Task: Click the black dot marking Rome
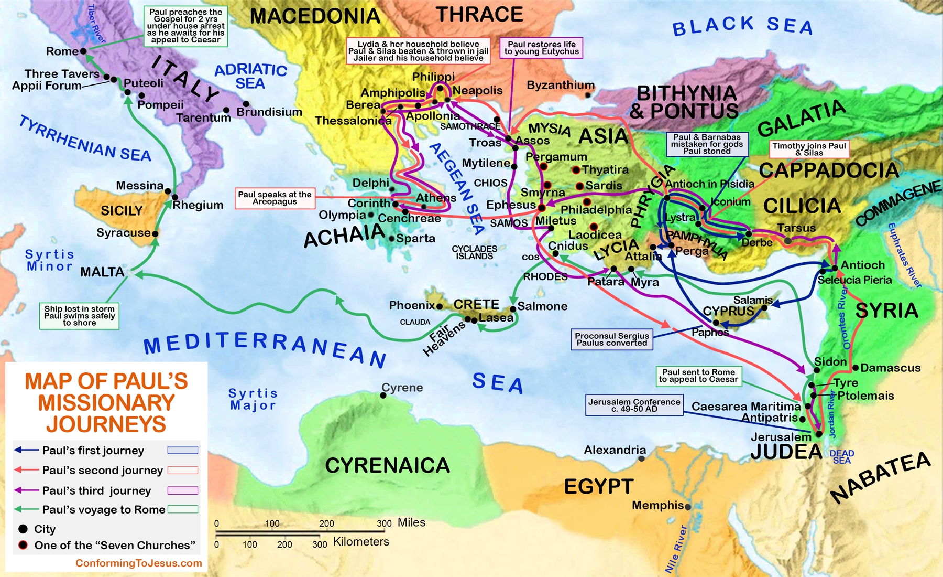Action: [83, 51]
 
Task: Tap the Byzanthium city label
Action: [560, 85]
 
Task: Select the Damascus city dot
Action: [856, 368]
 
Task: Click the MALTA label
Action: [102, 272]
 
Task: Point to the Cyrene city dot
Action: [383, 395]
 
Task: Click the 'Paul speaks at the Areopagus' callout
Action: [275, 198]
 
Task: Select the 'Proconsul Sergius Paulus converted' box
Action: [611, 339]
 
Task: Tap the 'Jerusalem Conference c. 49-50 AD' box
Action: [634, 405]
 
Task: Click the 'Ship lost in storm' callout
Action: [79, 316]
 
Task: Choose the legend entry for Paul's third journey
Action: [96, 490]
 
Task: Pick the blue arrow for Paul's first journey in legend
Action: [26, 450]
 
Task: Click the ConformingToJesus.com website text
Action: [138, 563]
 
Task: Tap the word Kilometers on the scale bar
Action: [361, 542]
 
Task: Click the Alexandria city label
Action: [615, 450]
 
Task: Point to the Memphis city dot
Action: [688, 507]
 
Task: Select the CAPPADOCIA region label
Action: [828, 170]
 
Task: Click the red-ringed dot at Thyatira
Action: [576, 170]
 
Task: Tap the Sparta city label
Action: [415, 239]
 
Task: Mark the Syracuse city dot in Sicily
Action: [155, 233]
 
